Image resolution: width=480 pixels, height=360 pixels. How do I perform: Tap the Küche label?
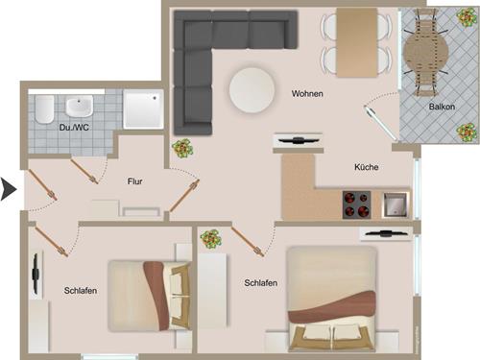[x=366, y=167]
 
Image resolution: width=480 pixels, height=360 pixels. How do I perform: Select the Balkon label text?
[x=443, y=107]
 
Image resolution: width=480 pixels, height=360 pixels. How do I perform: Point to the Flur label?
[x=135, y=180]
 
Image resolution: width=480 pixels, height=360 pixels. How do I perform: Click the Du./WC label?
[x=73, y=126]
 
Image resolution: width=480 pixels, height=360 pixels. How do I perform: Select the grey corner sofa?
[x=206, y=58]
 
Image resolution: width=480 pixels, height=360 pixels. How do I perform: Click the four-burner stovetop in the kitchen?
[x=357, y=204]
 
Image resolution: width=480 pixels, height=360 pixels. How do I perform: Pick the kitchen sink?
[x=395, y=204]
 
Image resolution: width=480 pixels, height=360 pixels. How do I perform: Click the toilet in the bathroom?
[x=41, y=113]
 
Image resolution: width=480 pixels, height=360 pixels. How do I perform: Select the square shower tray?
[x=144, y=110]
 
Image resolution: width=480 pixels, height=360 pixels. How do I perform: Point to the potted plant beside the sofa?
[x=181, y=149]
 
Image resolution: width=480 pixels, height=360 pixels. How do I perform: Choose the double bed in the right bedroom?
[x=331, y=300]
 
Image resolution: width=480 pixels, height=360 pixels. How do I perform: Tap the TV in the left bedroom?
[x=35, y=274]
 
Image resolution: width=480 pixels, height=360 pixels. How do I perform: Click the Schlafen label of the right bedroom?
[x=261, y=283]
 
